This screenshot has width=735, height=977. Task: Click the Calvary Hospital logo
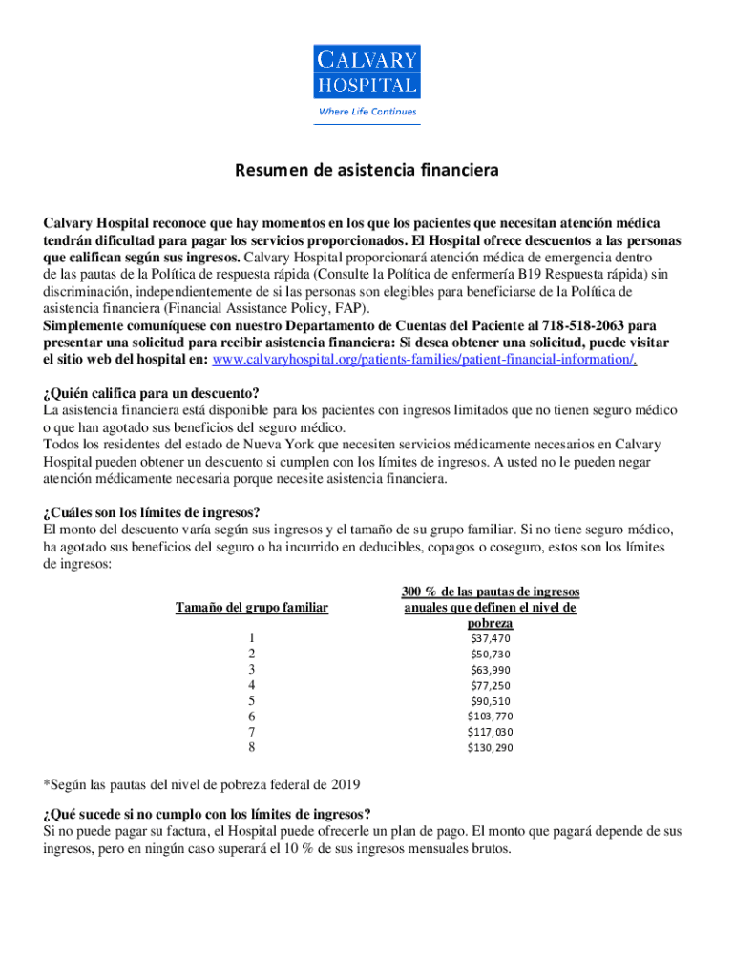[367, 72]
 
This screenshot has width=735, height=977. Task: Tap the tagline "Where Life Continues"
[367, 112]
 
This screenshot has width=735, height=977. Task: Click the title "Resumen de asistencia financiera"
[367, 172]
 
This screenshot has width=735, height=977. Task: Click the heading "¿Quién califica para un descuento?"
[151, 394]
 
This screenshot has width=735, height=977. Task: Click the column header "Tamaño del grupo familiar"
[251, 608]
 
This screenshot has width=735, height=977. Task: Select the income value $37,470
[491, 638]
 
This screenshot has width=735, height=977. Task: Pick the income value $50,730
[491, 655]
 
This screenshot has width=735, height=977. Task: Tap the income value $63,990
[491, 670]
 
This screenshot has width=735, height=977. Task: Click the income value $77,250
[491, 685]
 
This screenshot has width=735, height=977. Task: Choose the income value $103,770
[491, 717]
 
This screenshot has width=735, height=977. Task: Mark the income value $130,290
[491, 748]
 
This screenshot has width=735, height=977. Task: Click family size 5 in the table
[251, 701]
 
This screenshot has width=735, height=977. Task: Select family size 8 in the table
[251, 748]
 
